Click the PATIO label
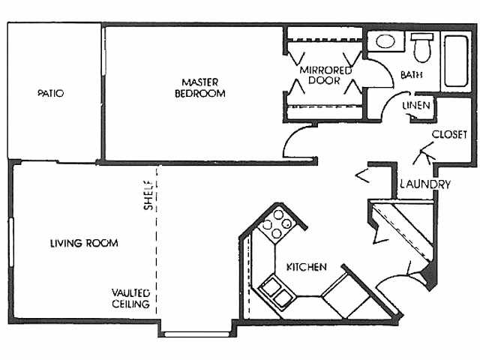51,93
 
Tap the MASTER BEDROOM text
200,88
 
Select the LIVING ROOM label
84,243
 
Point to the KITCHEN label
307,267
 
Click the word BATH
412,75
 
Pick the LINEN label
416,105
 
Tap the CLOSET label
449,134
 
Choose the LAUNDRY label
425,184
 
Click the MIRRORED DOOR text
325,75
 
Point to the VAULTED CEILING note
130,298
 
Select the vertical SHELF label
148,195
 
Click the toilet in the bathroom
422,46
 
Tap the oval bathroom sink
385,41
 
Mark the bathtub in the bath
456,61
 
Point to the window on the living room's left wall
11,241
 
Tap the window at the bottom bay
196,334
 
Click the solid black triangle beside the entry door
430,275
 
